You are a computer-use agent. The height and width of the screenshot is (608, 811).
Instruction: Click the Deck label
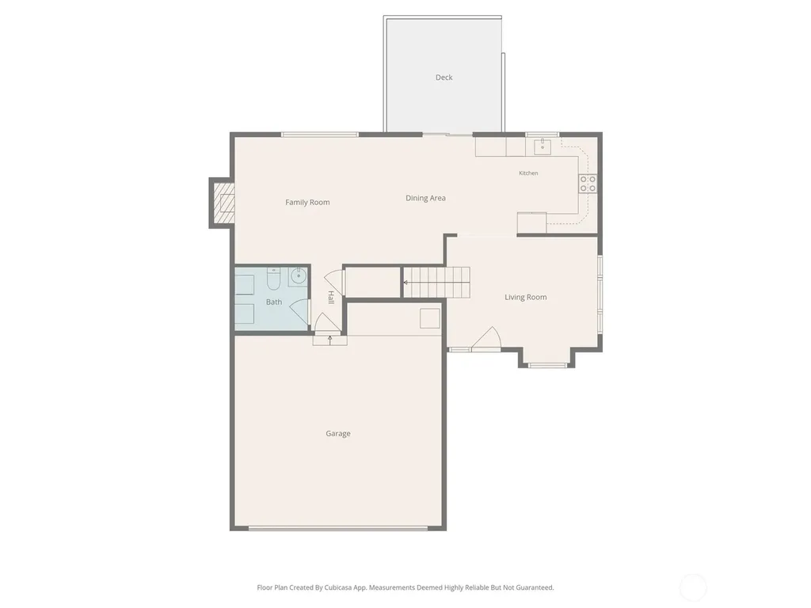[444, 78]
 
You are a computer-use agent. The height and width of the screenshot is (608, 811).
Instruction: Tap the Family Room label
[307, 202]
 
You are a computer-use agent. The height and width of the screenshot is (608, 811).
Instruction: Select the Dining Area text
[425, 198]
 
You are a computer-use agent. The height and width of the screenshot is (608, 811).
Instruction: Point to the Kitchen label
[528, 173]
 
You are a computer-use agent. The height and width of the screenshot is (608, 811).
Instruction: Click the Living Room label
[526, 298]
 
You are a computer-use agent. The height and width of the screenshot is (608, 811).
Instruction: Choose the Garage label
[337, 434]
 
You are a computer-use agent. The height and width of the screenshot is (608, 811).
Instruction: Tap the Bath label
[273, 302]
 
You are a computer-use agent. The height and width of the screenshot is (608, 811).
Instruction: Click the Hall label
[330, 298]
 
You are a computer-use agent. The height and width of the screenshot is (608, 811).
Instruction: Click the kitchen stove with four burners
[588, 184]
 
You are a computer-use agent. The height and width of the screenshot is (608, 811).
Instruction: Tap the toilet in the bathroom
[273, 279]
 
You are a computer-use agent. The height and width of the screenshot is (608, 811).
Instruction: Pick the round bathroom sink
[298, 276]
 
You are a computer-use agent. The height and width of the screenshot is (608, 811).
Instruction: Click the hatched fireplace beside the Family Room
[224, 203]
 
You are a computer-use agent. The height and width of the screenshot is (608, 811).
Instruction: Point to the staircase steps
[436, 283]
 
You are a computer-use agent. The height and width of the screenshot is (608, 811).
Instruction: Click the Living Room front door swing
[486, 339]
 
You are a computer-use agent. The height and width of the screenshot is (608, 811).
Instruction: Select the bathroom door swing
[299, 314]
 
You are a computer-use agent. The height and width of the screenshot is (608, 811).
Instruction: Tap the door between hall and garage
[327, 323]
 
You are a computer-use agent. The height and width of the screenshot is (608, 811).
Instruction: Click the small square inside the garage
[429, 318]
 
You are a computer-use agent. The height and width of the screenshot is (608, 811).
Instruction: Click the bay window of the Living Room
[546, 366]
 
